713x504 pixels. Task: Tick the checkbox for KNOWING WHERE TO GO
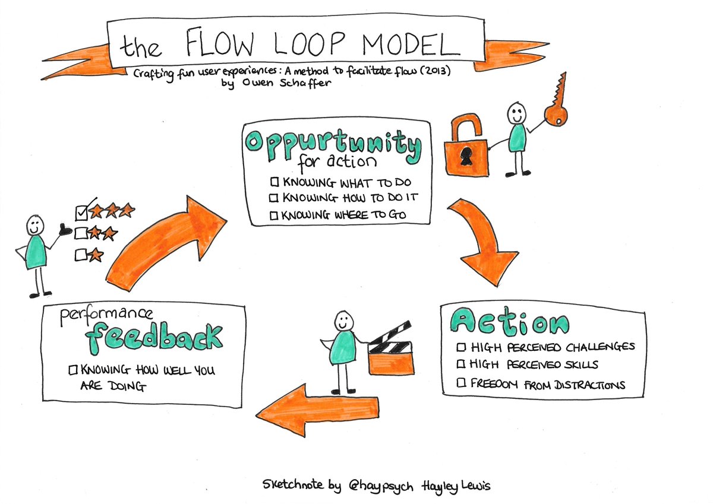click(x=275, y=215)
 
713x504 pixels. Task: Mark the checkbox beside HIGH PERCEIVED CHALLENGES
click(x=461, y=347)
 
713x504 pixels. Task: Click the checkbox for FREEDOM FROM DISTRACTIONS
click(x=461, y=384)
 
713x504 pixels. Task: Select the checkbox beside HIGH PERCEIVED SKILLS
click(x=461, y=364)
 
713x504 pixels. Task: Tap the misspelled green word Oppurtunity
click(x=333, y=144)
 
